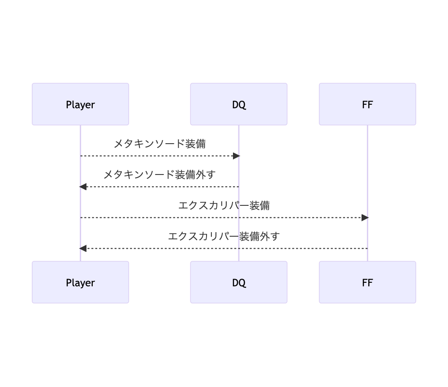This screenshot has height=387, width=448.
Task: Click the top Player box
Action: point(80,104)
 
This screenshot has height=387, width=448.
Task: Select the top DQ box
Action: point(238,104)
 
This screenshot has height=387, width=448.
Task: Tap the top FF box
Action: point(367,104)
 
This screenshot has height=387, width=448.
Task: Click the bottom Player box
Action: point(80,282)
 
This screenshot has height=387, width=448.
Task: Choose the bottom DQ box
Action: point(238,282)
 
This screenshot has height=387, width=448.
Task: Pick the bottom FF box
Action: point(367,282)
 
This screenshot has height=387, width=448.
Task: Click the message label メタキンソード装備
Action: point(159,144)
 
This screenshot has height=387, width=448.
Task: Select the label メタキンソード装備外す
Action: point(159,174)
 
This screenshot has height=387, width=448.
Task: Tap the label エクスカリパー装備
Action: point(224,205)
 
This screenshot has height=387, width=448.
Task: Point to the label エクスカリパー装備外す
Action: point(224,236)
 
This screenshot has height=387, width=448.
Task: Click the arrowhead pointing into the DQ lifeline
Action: point(237,156)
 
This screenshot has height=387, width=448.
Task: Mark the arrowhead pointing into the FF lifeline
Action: point(365,217)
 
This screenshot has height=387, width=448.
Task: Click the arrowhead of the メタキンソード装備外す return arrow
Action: point(83,187)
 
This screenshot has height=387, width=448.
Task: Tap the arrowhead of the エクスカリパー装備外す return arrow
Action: point(83,248)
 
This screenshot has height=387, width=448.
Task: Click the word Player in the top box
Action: point(80,105)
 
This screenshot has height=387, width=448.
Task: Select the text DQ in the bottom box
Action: point(239,283)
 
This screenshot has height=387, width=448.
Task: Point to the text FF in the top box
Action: point(367,105)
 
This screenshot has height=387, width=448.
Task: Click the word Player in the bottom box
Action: point(80,283)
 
